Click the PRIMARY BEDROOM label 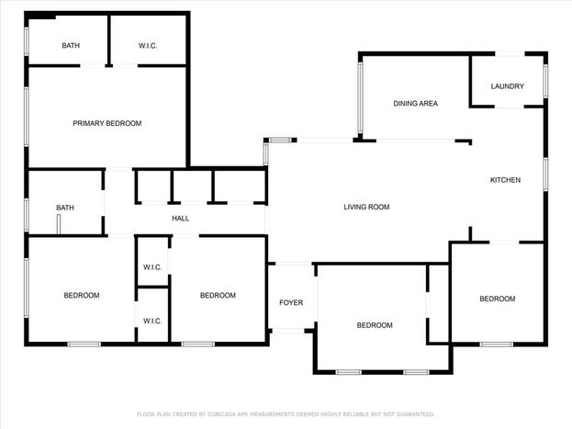(x=107, y=123)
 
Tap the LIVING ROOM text (x=366, y=207)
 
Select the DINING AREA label (x=416, y=104)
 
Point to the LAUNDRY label (x=507, y=86)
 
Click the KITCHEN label (x=505, y=180)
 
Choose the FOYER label (x=291, y=302)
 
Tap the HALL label (x=180, y=219)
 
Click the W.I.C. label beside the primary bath (x=148, y=46)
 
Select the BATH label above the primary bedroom (x=71, y=46)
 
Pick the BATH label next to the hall (x=65, y=208)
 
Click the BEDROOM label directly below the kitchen (x=498, y=299)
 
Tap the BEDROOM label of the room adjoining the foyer (x=375, y=325)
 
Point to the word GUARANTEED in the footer (x=415, y=414)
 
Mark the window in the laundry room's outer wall (x=545, y=81)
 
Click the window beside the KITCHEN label (x=545, y=175)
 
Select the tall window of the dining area (x=361, y=98)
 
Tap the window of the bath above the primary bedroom (x=27, y=41)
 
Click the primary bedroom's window (x=27, y=117)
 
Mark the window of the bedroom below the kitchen (x=497, y=344)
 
